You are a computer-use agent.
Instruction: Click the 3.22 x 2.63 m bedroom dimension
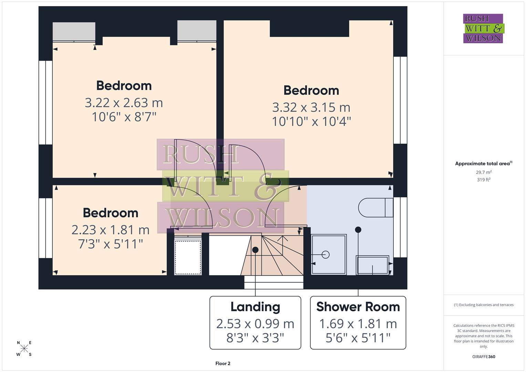(124, 103)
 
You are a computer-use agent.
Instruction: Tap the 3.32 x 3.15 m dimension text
(311, 107)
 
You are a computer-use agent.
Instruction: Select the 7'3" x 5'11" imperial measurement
(110, 244)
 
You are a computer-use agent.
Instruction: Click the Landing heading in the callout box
(255, 307)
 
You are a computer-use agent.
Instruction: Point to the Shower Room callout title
(358, 307)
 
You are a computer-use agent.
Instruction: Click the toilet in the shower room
(375, 208)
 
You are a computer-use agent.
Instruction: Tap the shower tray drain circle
(326, 255)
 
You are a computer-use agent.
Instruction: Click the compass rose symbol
(24, 349)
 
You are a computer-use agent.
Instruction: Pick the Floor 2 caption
(223, 363)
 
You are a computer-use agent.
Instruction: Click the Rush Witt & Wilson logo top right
(483, 28)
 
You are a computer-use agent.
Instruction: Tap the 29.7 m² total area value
(484, 172)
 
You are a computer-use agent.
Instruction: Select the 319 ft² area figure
(484, 180)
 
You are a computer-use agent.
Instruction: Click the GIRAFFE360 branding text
(484, 356)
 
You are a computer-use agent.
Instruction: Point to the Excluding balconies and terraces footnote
(484, 305)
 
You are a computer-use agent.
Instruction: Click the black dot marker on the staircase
(255, 250)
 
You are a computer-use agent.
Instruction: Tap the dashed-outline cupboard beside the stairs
(188, 257)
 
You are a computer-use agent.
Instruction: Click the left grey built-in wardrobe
(74, 32)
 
